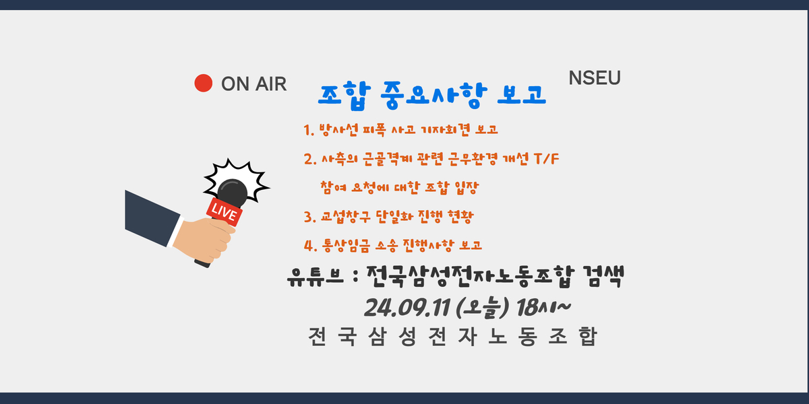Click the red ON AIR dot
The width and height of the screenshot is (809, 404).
point(204,83)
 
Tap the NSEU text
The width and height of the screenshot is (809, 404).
point(595,78)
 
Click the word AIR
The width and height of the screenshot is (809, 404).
point(270,84)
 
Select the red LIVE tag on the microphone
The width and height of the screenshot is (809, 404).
point(224,211)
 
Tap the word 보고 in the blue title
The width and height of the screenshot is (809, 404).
point(522,94)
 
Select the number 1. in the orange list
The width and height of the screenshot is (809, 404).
point(309,130)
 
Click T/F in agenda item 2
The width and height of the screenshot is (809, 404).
point(546,159)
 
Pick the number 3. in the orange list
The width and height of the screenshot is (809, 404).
point(310,217)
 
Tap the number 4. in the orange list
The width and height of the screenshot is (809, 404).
point(310,246)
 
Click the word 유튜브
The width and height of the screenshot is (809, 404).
point(316,277)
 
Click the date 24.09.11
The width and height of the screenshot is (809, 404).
point(407,308)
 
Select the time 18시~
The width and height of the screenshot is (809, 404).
point(543,308)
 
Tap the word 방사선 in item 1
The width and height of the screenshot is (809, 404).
point(338,130)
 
